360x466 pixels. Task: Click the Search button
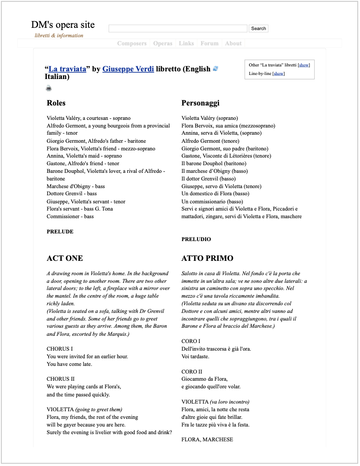pos(258,28)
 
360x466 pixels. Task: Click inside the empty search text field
pos(178,28)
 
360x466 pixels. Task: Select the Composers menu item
pos(132,44)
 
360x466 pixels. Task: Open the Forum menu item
pos(209,44)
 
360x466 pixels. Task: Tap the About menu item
pos(233,44)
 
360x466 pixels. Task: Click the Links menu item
pos(186,44)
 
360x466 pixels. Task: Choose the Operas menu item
pos(162,44)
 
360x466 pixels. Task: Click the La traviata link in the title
pos(67,69)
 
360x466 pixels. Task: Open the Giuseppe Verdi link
pos(128,69)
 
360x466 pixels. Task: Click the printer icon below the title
pos(48,88)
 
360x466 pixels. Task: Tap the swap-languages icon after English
pos(215,69)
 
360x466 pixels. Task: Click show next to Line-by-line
pos(278,73)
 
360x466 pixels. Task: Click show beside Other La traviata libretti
pos(304,65)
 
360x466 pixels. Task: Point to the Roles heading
pos(56,103)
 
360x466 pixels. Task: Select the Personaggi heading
pos(200,103)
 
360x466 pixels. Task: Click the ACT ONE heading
pos(65,258)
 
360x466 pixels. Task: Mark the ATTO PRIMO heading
pos(207,258)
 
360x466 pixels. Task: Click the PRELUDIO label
pos(196,239)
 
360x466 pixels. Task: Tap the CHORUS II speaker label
pos(61,379)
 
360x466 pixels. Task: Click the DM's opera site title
pos(63,25)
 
